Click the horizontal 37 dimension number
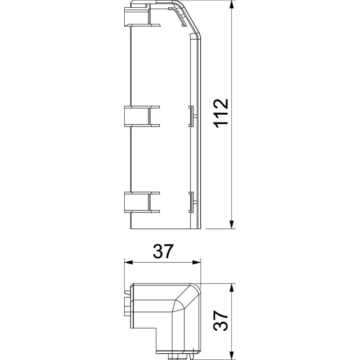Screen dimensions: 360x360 tap(162, 251)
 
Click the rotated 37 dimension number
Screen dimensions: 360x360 tap(220, 321)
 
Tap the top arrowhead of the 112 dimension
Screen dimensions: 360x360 tap(232, 5)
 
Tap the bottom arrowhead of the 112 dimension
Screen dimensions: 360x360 tap(232, 224)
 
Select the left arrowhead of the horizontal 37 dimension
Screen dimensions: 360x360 tap(129, 262)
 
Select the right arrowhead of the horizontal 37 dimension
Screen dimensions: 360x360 tap(196, 262)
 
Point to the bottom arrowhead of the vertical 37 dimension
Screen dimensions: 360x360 tap(232, 355)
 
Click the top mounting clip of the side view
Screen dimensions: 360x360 tap(142, 17)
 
